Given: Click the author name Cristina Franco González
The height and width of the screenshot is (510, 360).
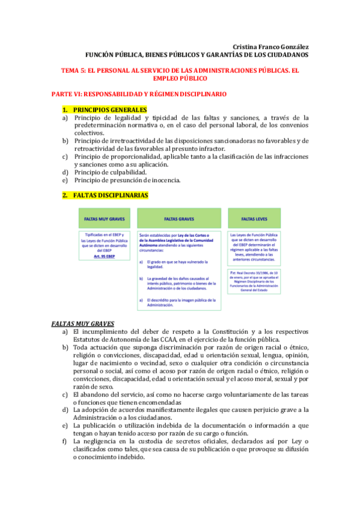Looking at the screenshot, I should tap(270, 47).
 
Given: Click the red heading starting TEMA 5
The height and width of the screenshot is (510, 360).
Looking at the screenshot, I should tap(180, 70).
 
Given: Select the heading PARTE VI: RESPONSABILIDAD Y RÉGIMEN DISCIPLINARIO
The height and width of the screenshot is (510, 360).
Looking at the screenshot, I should tap(138, 94).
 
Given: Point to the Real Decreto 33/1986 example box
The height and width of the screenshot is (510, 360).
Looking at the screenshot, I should tap(255, 281).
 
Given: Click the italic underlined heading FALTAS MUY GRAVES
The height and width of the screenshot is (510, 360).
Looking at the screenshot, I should tap(82, 324).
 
